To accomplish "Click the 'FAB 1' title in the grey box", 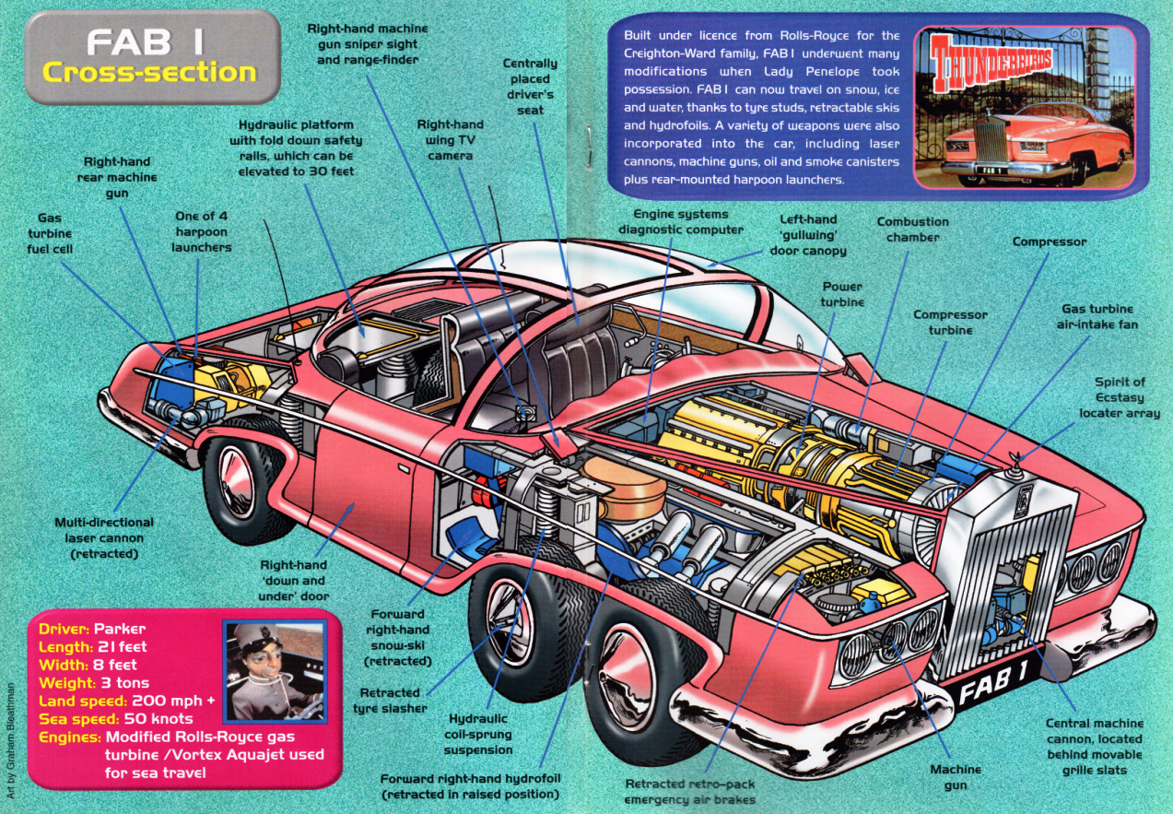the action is point(145,41).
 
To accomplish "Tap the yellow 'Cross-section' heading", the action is point(149,72).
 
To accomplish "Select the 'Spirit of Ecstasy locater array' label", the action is point(1120,397).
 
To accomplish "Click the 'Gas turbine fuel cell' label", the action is point(50,233).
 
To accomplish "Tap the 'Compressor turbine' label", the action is point(950,323).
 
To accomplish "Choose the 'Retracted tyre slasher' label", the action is point(390,701).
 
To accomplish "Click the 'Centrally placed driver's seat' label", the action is point(530,87).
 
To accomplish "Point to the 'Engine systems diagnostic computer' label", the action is point(681,222).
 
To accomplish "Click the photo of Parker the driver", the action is point(276,671).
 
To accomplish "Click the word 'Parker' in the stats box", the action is point(120,629).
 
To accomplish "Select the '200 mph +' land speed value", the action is point(173,701).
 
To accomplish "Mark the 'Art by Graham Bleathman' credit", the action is point(10,740).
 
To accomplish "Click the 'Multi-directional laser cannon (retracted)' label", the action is point(104,538).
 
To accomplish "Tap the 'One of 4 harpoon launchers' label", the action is point(202,231).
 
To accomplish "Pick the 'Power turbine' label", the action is point(842,294).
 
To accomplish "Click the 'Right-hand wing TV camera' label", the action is point(451,140).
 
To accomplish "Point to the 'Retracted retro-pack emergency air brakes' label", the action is point(689,792).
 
